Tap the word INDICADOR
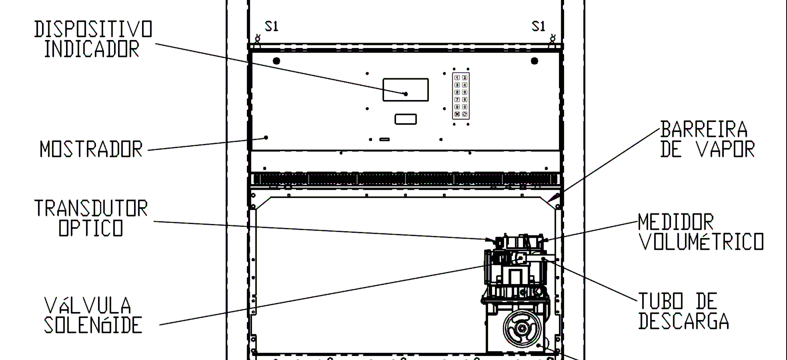(x=92, y=49)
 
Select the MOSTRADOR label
(x=91, y=149)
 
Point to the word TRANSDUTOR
(x=91, y=208)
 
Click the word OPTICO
(x=91, y=228)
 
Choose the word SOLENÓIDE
(x=93, y=325)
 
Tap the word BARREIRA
(x=704, y=129)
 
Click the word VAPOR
(x=725, y=149)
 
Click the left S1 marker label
(x=271, y=26)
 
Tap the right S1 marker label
(x=538, y=26)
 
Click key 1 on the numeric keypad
(x=457, y=78)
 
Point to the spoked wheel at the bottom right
(x=522, y=329)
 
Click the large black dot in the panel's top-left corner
(x=276, y=61)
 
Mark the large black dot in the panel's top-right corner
(x=534, y=61)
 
